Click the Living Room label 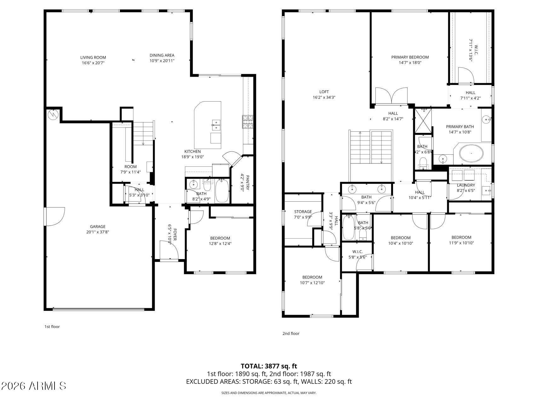tap(93, 57)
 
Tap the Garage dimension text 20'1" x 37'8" tap(97, 232)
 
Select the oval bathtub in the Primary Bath tap(471, 153)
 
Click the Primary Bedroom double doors tap(391, 96)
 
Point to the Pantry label tap(247, 183)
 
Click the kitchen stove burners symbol tap(247, 122)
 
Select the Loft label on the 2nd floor tap(324, 92)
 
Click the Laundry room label tap(466, 185)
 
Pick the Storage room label tap(303, 212)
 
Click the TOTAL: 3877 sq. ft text tap(269, 366)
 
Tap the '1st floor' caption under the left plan tap(52, 327)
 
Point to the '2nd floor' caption tap(291, 333)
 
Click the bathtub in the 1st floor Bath tap(222, 190)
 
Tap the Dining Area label tap(162, 55)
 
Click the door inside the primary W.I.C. tap(466, 75)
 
